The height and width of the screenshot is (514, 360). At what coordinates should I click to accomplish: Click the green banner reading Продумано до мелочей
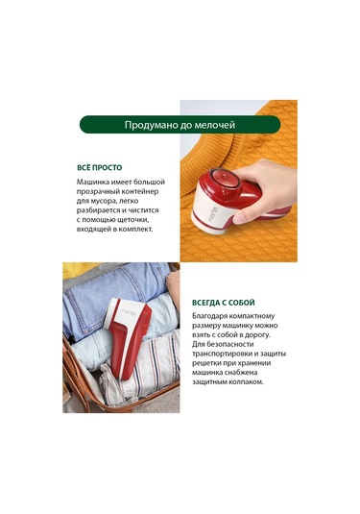(x=180, y=125)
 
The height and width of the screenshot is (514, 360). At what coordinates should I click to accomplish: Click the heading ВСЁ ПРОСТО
(x=100, y=167)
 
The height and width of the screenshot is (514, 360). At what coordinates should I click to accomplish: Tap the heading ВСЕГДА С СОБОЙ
(x=224, y=303)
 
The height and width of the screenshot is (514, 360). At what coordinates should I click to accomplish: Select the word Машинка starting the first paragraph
(x=93, y=182)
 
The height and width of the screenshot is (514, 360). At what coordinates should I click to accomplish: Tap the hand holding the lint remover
(x=266, y=190)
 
